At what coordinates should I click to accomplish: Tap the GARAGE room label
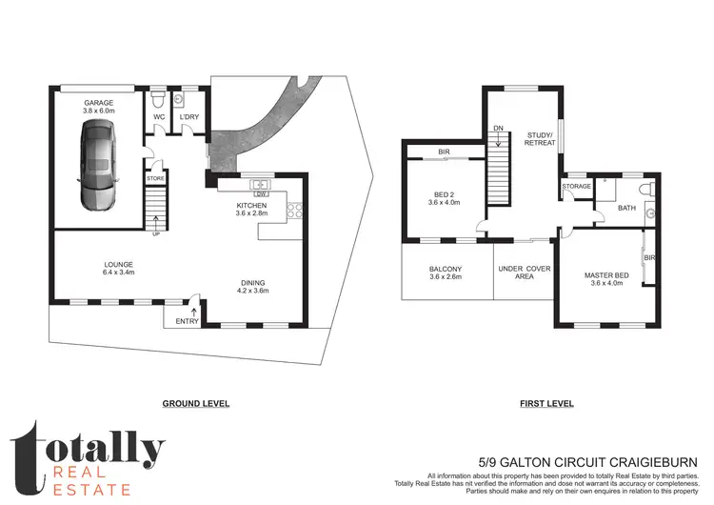pyautogui.click(x=98, y=104)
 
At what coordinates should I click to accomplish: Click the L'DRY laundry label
pyautogui.click(x=188, y=117)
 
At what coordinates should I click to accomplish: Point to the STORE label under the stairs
pyautogui.click(x=154, y=178)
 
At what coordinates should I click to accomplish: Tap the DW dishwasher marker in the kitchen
pyautogui.click(x=258, y=194)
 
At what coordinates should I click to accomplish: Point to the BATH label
pyautogui.click(x=626, y=207)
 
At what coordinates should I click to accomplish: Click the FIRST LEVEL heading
pyautogui.click(x=546, y=403)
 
